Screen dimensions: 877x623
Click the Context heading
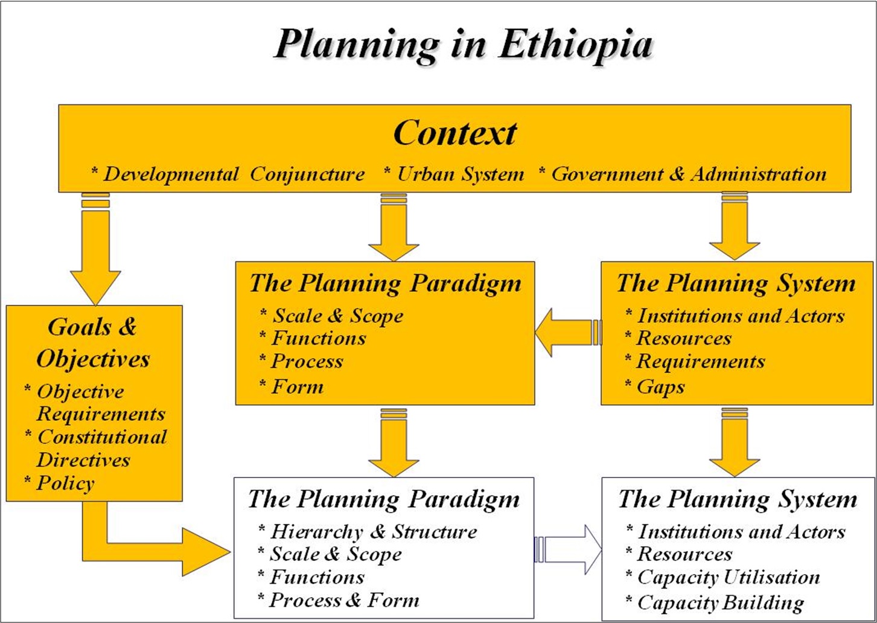coord(454,133)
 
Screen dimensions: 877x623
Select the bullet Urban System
coord(454,174)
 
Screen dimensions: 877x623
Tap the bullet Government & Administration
coord(683,174)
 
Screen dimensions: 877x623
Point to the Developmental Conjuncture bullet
coord(228,174)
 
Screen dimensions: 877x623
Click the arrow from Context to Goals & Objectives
coord(95,249)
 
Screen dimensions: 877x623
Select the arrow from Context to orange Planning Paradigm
coord(394,227)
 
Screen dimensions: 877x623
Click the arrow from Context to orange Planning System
coord(735,226)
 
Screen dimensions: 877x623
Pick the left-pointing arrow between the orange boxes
coord(568,333)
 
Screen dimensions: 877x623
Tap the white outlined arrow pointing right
coord(568,550)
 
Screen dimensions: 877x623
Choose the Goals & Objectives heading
coord(93,343)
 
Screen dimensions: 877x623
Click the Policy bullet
coord(60,483)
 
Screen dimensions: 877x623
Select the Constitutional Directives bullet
coord(96,449)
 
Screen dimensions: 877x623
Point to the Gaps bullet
coord(655,387)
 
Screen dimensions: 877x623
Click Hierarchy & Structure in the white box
coord(368,531)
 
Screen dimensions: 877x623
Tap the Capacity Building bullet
coord(715,602)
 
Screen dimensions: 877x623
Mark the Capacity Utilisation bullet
coord(722,577)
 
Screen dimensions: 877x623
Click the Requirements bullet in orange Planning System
coord(695,361)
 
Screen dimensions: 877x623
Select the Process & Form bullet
coord(338,600)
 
